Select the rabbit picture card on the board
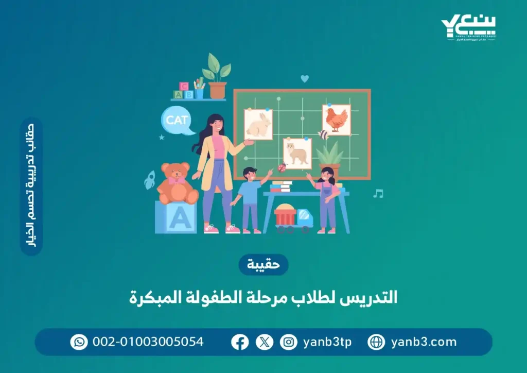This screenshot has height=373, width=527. [258, 125]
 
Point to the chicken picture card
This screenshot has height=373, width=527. [337, 120]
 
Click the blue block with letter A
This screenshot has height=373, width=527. [176, 217]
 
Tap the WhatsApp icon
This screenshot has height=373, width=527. [79, 342]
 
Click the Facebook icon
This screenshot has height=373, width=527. [240, 342]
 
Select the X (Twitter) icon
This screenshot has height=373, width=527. [265, 342]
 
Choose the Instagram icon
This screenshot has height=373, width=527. [289, 342]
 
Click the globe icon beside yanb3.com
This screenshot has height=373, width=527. [376, 342]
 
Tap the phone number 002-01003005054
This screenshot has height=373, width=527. [148, 342]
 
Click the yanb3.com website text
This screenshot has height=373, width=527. [424, 342]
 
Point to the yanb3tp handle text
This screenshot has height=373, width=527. [327, 342]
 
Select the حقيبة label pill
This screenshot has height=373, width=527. [263, 265]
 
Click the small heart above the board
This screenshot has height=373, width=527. [305, 79]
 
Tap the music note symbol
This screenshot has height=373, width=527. [378, 194]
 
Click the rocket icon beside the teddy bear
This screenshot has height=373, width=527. [149, 180]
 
